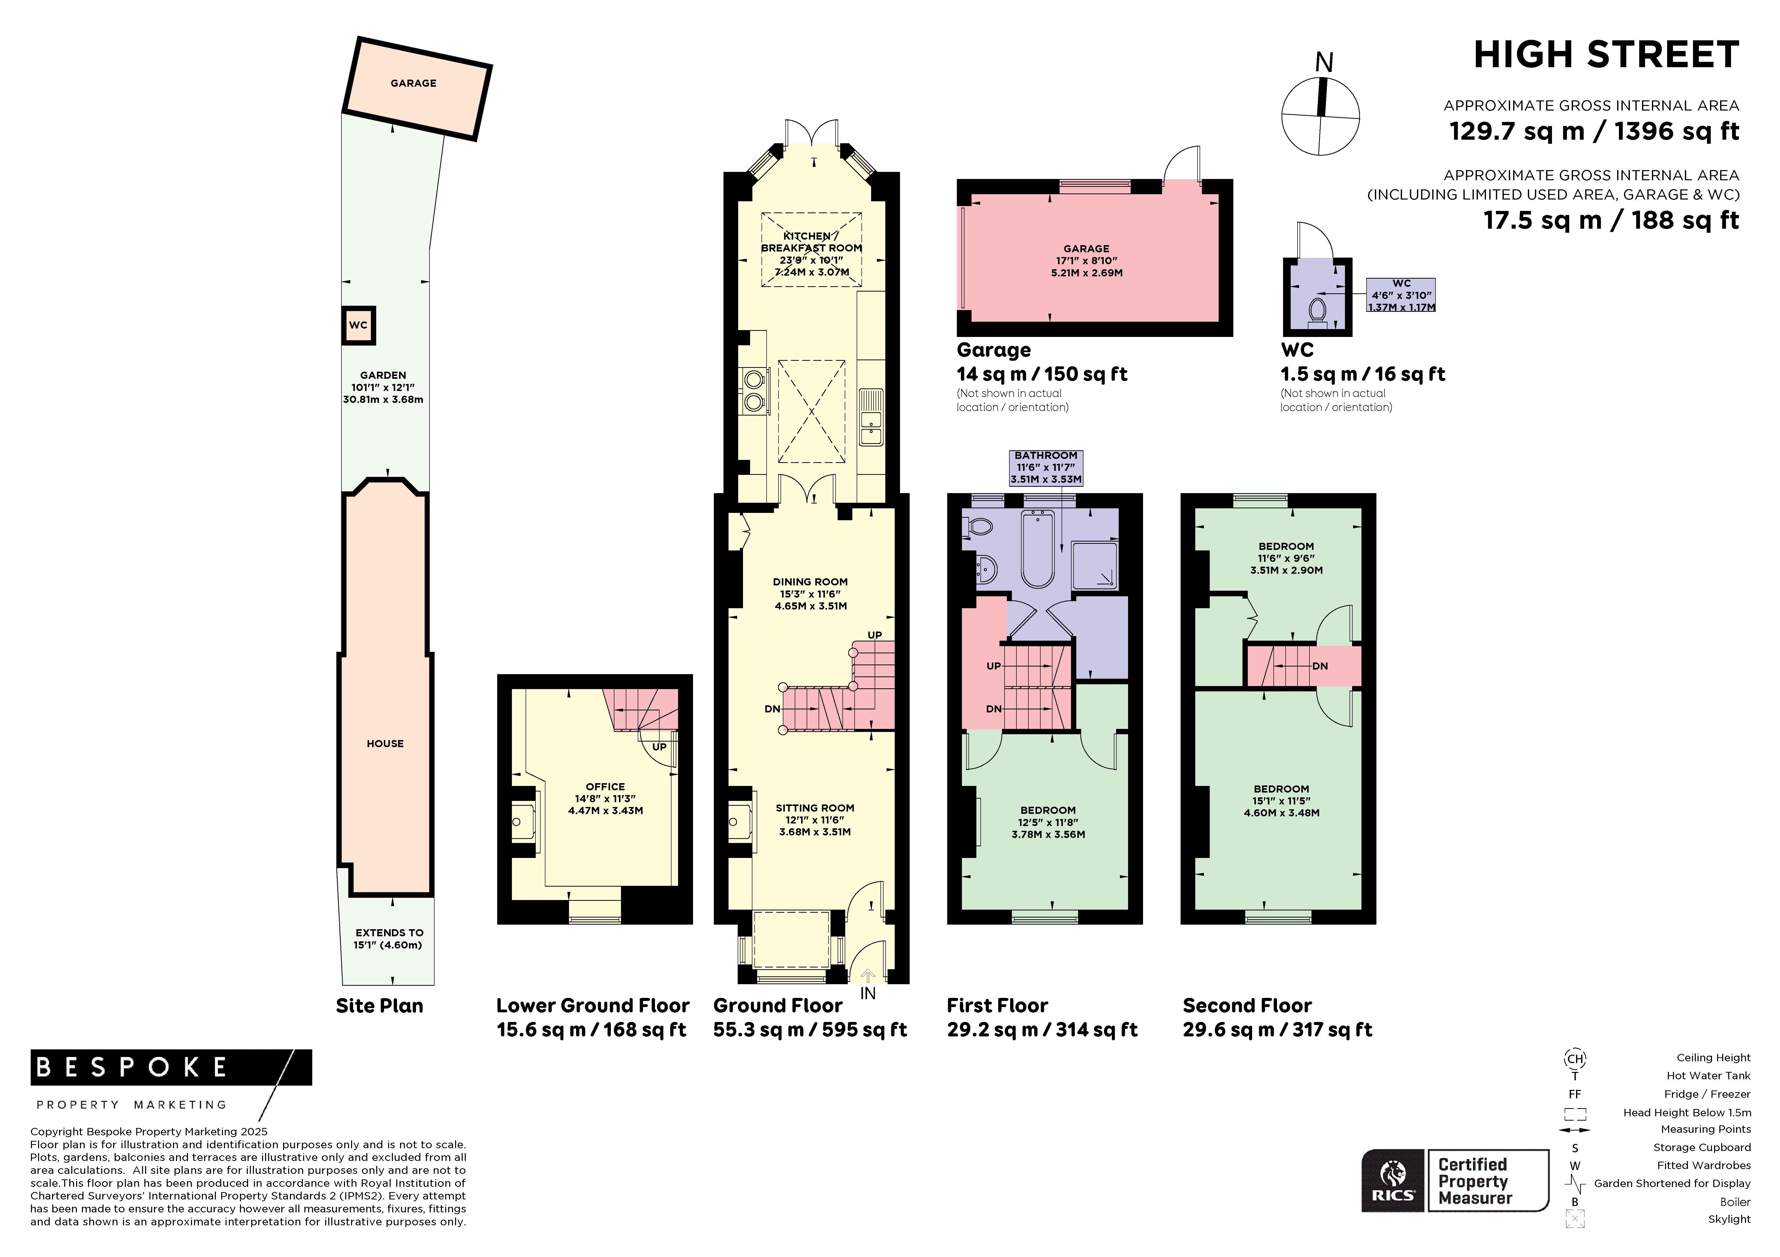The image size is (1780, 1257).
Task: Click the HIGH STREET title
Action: click(1606, 55)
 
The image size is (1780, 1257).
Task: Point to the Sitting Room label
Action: click(815, 807)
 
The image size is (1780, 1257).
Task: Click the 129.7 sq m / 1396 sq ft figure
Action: click(1594, 131)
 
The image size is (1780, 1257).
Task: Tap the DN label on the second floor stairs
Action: click(1320, 666)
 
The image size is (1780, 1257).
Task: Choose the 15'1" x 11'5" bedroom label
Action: click(1282, 801)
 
